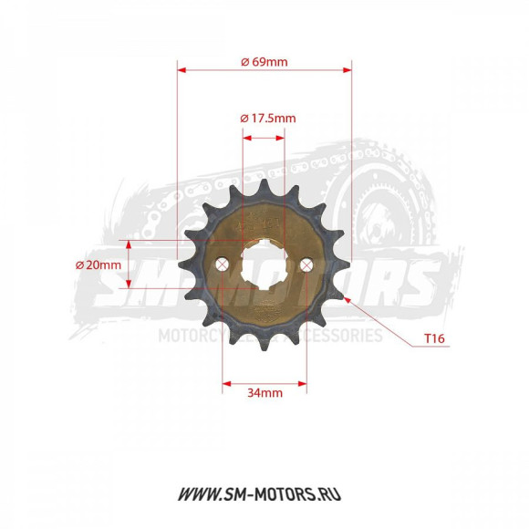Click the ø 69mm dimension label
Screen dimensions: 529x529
click(x=264, y=61)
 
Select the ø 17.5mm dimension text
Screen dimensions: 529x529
click(x=267, y=119)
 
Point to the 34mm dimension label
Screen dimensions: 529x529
click(x=264, y=393)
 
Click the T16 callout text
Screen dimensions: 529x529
click(x=434, y=338)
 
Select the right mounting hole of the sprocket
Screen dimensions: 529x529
click(x=306, y=264)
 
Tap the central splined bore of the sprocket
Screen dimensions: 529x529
click(x=264, y=264)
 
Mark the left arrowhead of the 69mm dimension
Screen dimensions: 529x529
click(x=182, y=68)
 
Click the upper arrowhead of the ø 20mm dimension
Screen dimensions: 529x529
click(x=129, y=244)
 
